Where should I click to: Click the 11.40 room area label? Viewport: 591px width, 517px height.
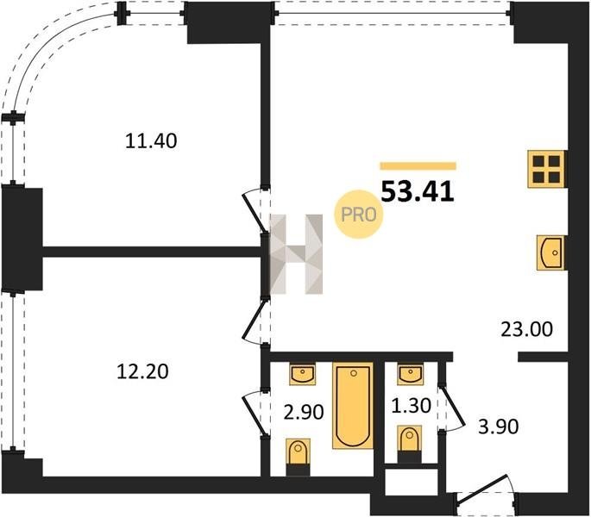point(151,141)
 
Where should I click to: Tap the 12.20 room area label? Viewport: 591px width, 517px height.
point(142,371)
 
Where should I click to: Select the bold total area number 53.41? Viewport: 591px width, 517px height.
point(418,191)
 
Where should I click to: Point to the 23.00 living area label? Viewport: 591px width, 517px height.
point(526,329)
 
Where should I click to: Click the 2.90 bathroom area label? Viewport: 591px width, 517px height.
point(304,412)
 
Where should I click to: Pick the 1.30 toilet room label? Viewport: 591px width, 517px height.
point(411,406)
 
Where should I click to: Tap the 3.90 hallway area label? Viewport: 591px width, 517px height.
point(499,427)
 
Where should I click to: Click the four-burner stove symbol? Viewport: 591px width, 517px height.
point(546,169)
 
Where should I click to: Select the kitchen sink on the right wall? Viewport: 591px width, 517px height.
point(550,252)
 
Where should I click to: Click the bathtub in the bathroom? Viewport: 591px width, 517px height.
point(353,406)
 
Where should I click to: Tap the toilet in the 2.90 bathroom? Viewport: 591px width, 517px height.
point(299,457)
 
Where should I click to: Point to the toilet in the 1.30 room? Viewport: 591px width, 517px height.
point(410,445)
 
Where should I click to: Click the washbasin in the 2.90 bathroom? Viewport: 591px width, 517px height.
point(302,374)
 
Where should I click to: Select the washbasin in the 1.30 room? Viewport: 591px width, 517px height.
point(410,374)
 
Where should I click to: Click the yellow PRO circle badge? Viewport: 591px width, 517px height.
point(358,215)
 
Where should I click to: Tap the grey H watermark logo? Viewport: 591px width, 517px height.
point(297,254)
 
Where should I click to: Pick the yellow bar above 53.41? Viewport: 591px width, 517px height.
point(418,166)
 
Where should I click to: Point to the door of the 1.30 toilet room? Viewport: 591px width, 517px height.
point(450,408)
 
